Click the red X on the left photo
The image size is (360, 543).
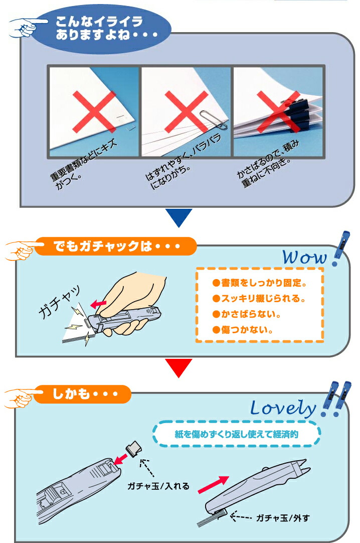click(94, 112)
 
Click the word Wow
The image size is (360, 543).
click(304, 257)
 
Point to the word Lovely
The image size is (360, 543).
click(283, 408)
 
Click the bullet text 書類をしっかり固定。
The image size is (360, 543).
click(259, 283)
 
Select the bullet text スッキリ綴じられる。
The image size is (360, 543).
click(259, 298)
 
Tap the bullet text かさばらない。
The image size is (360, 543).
click(247, 314)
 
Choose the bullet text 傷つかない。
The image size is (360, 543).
click(243, 329)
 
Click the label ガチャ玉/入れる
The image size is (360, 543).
click(158, 486)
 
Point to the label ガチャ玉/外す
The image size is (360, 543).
click(283, 518)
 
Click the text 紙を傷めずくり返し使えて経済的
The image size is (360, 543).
click(237, 434)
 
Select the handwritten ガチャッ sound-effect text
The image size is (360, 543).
click(60, 302)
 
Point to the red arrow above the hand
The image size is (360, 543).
click(98, 304)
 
